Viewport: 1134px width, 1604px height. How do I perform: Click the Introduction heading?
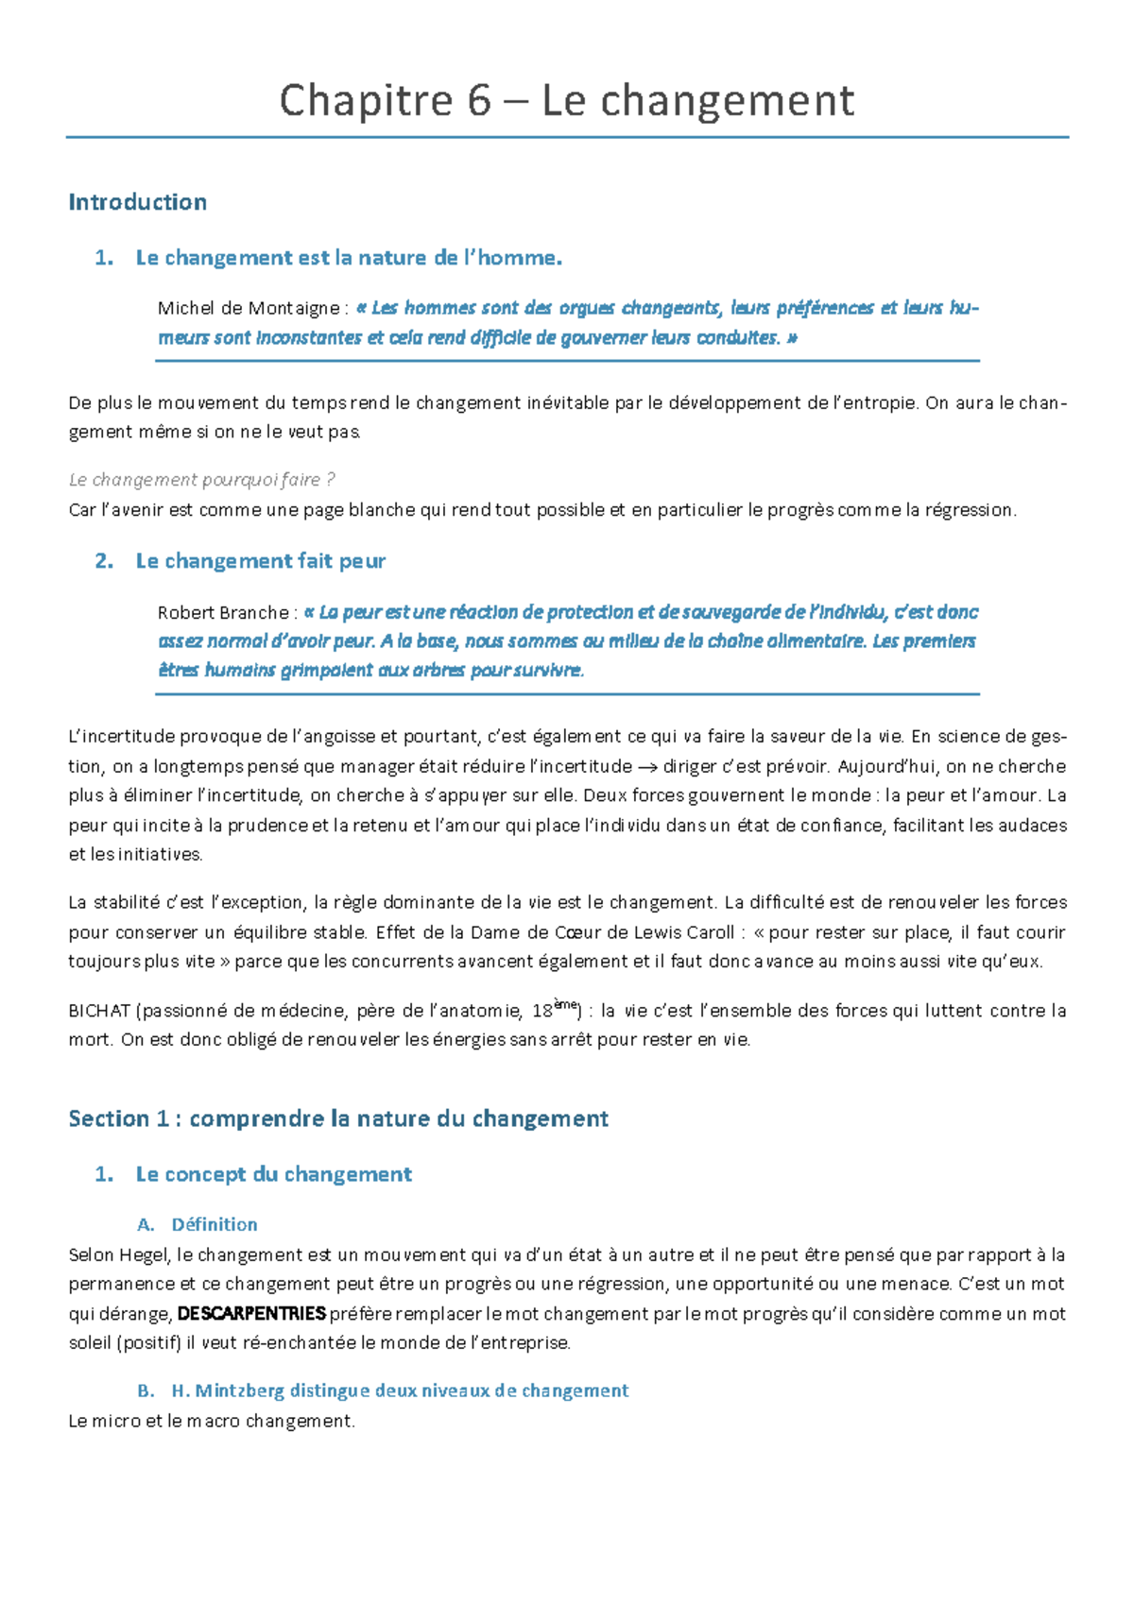(x=138, y=202)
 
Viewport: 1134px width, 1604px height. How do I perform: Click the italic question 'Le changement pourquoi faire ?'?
(x=201, y=480)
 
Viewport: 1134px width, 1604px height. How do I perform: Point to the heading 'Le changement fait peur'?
(x=261, y=561)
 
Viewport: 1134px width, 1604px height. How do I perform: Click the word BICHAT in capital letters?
(x=99, y=1011)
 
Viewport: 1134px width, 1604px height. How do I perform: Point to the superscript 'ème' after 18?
(x=564, y=1005)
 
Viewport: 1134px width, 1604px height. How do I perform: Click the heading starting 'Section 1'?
(x=338, y=1119)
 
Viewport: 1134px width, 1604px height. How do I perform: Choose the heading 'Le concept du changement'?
(x=274, y=1174)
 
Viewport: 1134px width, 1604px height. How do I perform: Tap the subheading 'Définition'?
(x=215, y=1224)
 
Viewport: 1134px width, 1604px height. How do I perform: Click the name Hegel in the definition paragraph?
(x=144, y=1255)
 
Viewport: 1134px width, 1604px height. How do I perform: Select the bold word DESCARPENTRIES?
(x=251, y=1314)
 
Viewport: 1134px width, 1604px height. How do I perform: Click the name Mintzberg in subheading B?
(x=239, y=1391)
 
